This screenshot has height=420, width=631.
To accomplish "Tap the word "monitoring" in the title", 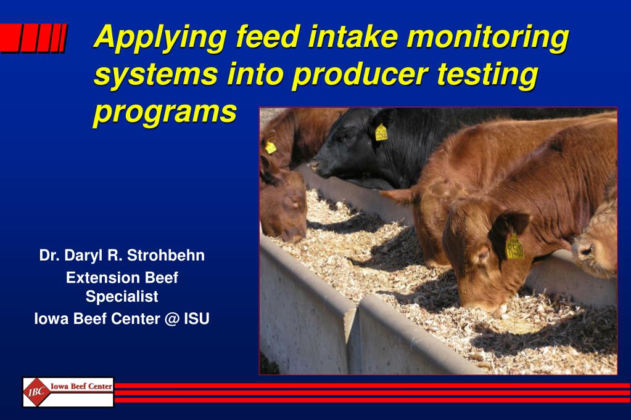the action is pyautogui.click(x=488, y=38).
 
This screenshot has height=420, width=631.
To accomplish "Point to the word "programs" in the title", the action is pyautogui.click(x=165, y=113).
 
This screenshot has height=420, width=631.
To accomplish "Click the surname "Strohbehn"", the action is pyautogui.click(x=166, y=255).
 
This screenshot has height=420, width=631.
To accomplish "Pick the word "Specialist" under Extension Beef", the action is pyautogui.click(x=122, y=297).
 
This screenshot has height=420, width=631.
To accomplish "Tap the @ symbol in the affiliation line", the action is pyautogui.click(x=172, y=319).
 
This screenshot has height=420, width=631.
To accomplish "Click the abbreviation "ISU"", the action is pyautogui.click(x=197, y=319).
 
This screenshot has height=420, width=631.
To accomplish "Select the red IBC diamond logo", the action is pyautogui.click(x=36, y=392).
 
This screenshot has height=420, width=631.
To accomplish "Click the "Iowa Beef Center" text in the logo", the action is pyautogui.click(x=81, y=387).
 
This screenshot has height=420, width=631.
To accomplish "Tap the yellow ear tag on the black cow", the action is pyautogui.click(x=381, y=132).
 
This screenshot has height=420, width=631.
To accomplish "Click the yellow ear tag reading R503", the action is pyautogui.click(x=514, y=247).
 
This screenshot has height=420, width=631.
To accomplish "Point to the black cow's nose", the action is pyautogui.click(x=315, y=166).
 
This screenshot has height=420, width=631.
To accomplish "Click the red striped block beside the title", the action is pyautogui.click(x=33, y=38).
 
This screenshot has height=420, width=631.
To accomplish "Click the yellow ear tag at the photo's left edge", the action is pyautogui.click(x=270, y=147).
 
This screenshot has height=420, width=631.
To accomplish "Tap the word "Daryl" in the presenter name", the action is pyautogui.click(x=84, y=256).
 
